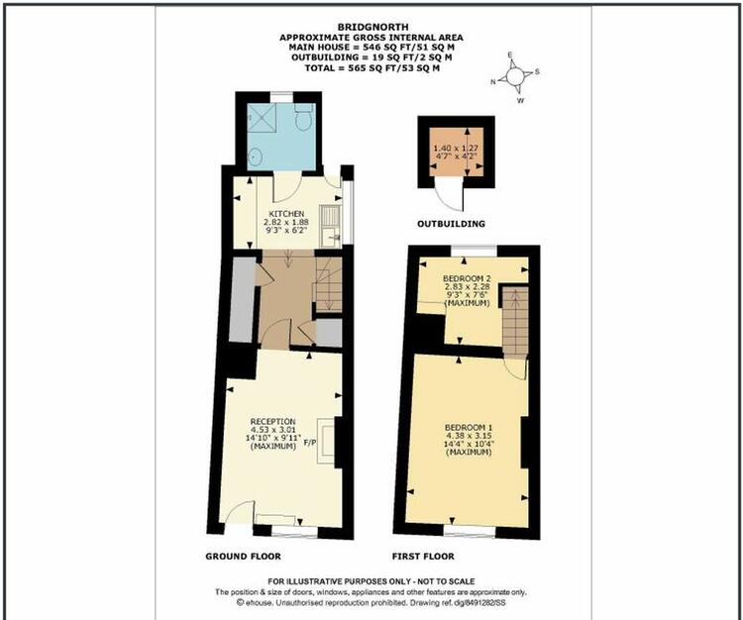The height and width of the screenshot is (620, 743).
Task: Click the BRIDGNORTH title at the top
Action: coord(372,27)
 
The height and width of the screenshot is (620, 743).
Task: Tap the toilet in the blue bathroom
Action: coord(302,117)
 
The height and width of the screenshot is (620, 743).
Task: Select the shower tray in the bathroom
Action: coord(262,118)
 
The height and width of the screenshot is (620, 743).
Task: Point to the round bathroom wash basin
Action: coord(256,156)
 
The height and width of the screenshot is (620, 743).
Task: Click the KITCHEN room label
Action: coord(286,214)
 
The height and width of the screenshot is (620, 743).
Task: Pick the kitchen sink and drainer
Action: coord(330,226)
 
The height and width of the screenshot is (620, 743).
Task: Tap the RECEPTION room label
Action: coord(272,421)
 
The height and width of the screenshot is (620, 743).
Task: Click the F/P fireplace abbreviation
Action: coord(309,444)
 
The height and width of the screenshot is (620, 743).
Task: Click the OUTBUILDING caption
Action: coord(451,224)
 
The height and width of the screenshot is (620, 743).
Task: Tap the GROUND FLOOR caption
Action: coord(243,556)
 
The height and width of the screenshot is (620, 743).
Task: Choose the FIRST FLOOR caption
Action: coord(423,556)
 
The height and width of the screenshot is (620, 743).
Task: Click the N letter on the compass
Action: coord(492,82)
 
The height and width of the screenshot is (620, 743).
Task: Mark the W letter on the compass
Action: coord(520,100)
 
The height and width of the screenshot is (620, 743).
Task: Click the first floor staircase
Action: coord(515,321)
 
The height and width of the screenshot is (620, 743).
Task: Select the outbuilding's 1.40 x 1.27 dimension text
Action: coord(456,148)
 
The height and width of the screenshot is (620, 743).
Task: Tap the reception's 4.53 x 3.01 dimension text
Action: coord(273,430)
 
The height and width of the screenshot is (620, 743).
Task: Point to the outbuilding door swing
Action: coord(450,197)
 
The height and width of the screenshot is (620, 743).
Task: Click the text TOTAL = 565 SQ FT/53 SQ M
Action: coord(371,67)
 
